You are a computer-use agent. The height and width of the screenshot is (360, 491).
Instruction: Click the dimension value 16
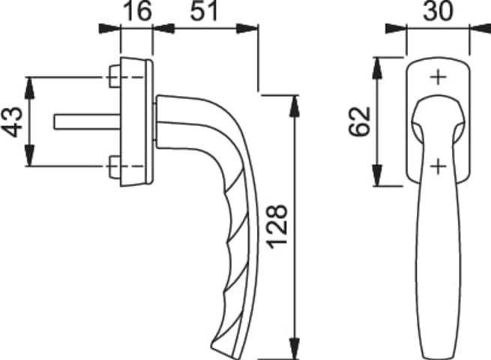[137, 10]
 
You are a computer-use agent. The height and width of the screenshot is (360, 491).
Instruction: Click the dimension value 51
[204, 10]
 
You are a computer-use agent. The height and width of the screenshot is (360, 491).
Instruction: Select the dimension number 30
[438, 10]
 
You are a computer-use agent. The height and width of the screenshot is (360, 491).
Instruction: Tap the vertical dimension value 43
[13, 121]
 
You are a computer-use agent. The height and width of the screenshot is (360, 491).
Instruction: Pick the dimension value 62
[360, 121]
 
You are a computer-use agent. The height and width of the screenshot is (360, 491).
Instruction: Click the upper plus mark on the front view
[438, 77]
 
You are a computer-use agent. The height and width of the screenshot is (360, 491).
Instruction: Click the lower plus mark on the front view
[438, 166]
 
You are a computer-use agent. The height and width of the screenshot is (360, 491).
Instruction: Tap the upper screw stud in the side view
[115, 76]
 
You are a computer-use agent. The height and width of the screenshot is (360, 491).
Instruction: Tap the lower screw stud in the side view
[115, 166]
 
